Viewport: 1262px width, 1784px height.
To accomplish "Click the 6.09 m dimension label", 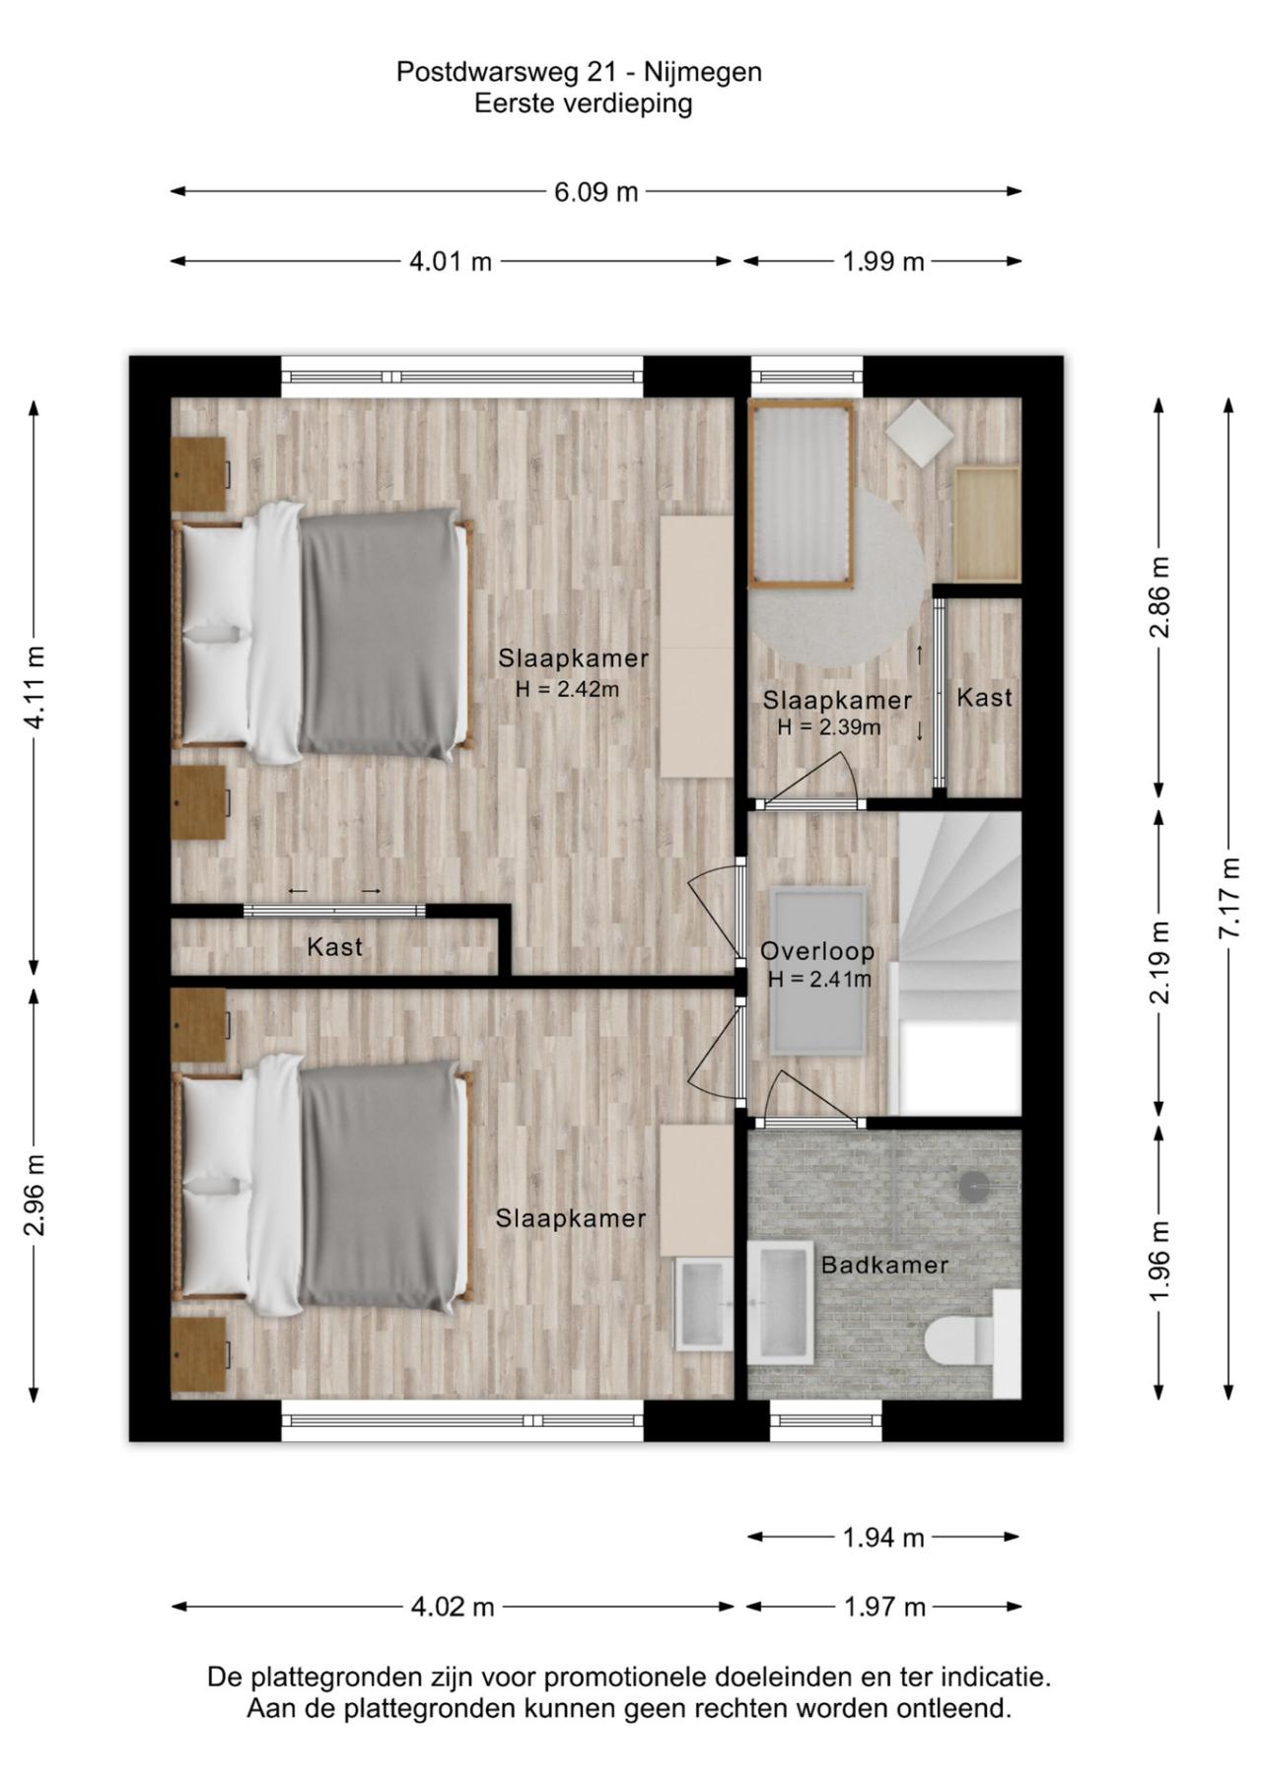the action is click(596, 191).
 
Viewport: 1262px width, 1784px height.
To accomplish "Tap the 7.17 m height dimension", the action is click(1228, 898).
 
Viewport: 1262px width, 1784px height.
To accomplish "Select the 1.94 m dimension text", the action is click(883, 1537).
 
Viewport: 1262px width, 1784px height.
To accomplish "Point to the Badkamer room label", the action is click(884, 1265).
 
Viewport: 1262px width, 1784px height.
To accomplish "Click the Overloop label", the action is click(817, 951).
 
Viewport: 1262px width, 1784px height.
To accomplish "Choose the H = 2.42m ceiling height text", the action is click(567, 689).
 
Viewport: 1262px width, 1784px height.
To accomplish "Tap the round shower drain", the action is click(974, 1187).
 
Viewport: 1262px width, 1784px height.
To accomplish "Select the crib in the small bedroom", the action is click(801, 495).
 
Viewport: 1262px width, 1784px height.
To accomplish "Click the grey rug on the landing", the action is click(817, 970).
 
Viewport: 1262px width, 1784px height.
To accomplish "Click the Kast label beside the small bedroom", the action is click(984, 698).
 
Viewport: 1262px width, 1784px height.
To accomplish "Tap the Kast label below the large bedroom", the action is click(334, 947).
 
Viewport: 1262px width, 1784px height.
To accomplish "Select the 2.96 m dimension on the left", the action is click(35, 1194).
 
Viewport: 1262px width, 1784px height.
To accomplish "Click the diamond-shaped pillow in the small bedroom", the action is click(919, 433).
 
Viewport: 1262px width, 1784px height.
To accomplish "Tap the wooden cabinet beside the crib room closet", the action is click(986, 524).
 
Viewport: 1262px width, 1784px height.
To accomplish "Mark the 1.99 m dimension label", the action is click(883, 261).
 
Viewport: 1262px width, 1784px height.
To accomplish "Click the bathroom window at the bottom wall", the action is click(825, 1420).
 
